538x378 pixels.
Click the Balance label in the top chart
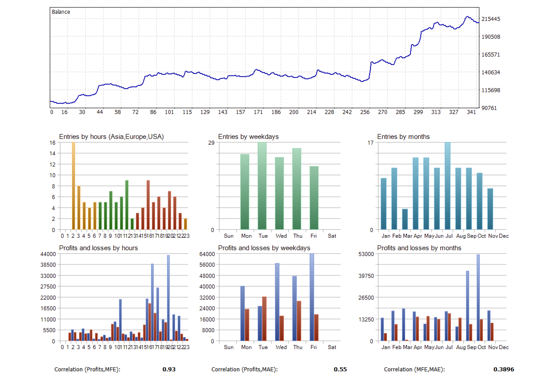61,12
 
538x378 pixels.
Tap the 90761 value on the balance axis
491,108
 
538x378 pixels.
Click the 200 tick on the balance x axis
294,112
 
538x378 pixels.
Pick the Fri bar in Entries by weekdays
314,198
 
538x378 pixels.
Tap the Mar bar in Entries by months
405,219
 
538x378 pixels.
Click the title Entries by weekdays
248,137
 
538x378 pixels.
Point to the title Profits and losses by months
419,248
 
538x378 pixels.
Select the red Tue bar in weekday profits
264,319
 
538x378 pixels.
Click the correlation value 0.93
169,370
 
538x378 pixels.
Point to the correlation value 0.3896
504,370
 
